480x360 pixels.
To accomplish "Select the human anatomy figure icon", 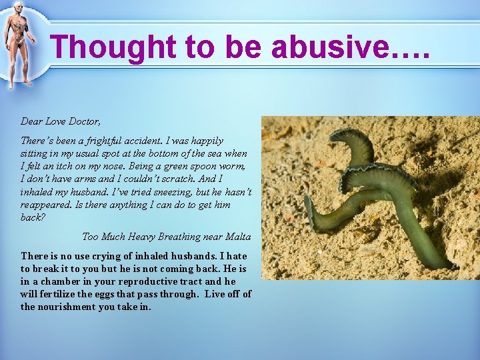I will [18, 45].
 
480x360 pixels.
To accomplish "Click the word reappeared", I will [47, 204].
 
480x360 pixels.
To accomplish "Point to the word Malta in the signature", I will [238, 237].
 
